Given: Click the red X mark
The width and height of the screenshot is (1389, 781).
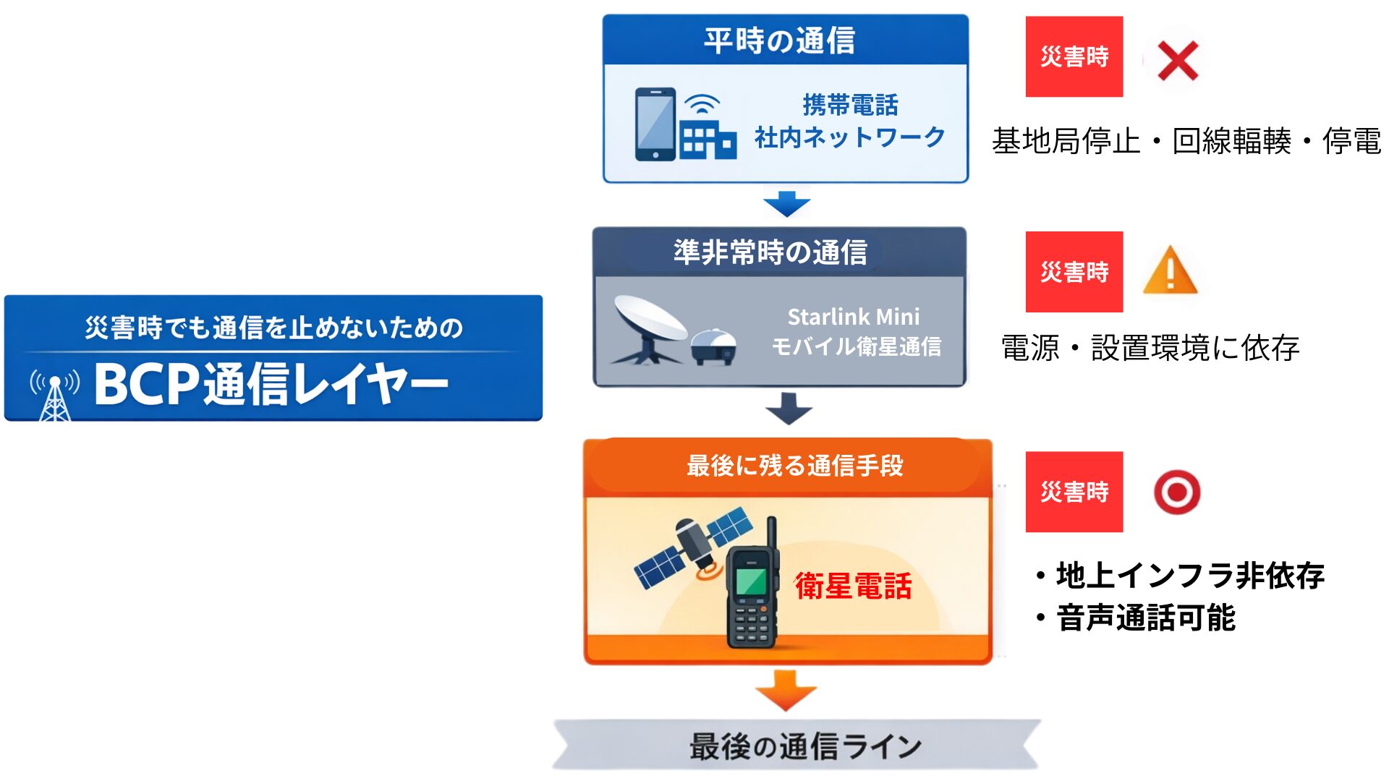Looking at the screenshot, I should [x=1177, y=61].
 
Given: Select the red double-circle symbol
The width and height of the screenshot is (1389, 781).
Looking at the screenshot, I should [x=1177, y=492].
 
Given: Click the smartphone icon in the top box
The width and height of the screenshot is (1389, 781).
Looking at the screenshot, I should [x=655, y=124].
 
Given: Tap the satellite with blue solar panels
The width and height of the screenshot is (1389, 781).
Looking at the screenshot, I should [x=693, y=548].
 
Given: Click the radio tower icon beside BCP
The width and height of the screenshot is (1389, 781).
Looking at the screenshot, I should [x=55, y=395].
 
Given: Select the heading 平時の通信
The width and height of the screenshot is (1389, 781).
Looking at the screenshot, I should [x=780, y=40].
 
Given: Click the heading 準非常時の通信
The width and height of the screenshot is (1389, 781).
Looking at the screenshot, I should [x=770, y=252].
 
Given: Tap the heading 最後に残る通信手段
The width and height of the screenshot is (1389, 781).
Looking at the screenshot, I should [x=794, y=466].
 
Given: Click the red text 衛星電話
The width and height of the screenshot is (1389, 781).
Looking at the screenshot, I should [x=853, y=586].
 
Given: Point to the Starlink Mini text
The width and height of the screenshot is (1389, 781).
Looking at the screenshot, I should [x=854, y=317].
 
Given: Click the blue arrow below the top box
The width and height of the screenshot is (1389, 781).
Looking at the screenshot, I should [x=786, y=204].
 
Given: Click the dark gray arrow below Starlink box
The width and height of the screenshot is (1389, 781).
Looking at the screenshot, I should [x=789, y=409].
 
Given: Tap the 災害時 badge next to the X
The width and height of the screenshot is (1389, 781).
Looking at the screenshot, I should [x=1074, y=56].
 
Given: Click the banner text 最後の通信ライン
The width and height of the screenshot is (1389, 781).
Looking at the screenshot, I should [x=805, y=746].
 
